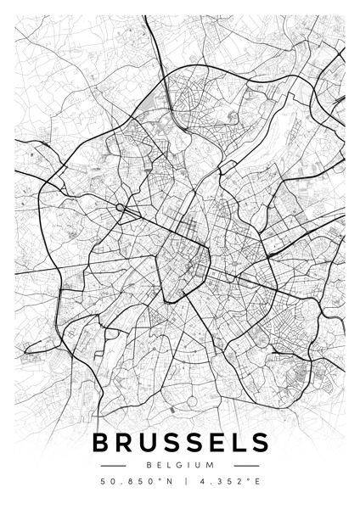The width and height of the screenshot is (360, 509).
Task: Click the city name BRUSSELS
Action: [x=180, y=443]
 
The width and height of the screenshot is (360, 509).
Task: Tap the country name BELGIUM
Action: [x=180, y=466]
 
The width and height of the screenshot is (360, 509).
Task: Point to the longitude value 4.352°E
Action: [x=225, y=482]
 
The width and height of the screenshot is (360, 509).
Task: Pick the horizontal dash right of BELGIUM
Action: [x=246, y=466]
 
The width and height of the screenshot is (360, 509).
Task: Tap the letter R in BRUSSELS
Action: [x=125, y=443]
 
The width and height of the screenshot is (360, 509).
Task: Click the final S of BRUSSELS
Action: [x=259, y=443]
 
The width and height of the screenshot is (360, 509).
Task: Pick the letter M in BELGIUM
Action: [x=211, y=466]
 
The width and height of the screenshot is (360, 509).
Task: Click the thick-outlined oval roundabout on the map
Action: [x=121, y=208]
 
